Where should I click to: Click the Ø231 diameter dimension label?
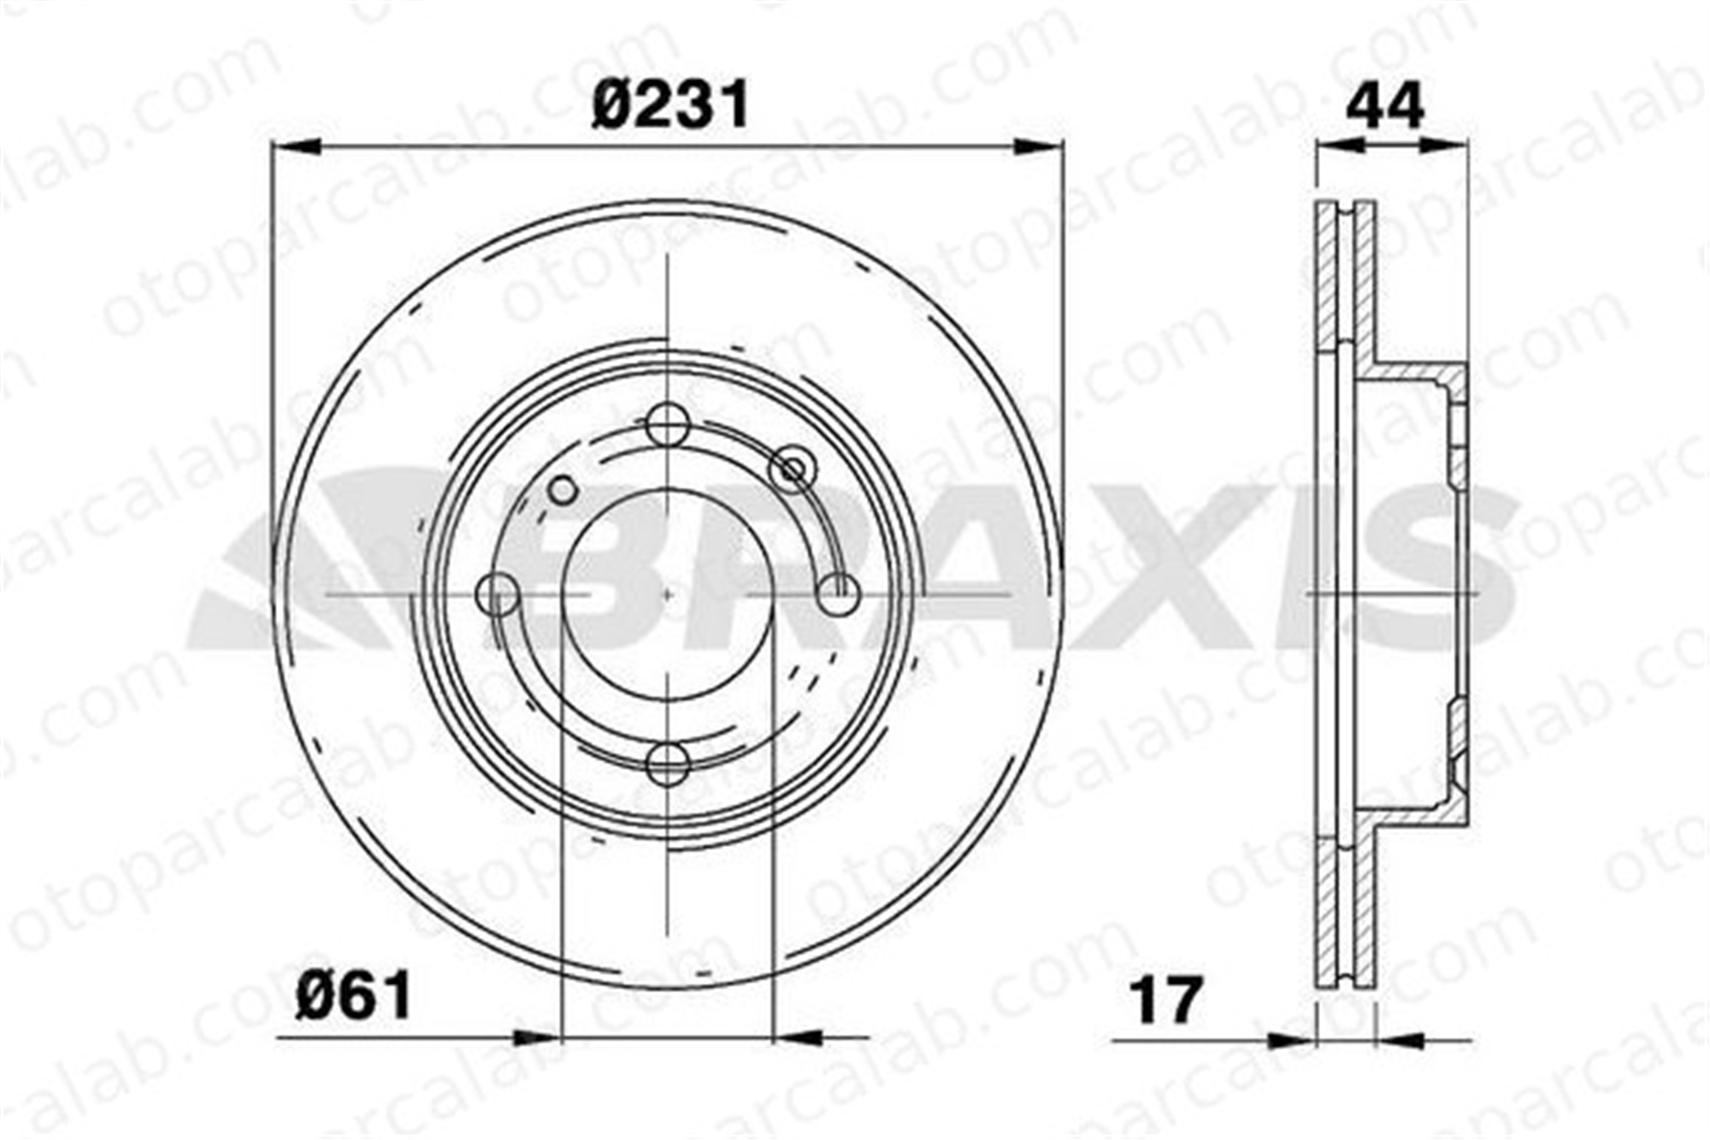click(x=671, y=104)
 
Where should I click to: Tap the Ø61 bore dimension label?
click(x=353, y=995)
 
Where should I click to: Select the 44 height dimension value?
click(x=1384, y=105)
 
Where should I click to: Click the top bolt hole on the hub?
click(x=667, y=423)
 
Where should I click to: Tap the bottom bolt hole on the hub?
click(x=667, y=764)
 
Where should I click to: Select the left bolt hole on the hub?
click(x=497, y=594)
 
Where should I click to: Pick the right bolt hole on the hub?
click(x=838, y=594)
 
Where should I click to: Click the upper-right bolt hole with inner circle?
click(x=793, y=470)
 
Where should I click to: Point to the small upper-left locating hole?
click(x=563, y=491)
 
